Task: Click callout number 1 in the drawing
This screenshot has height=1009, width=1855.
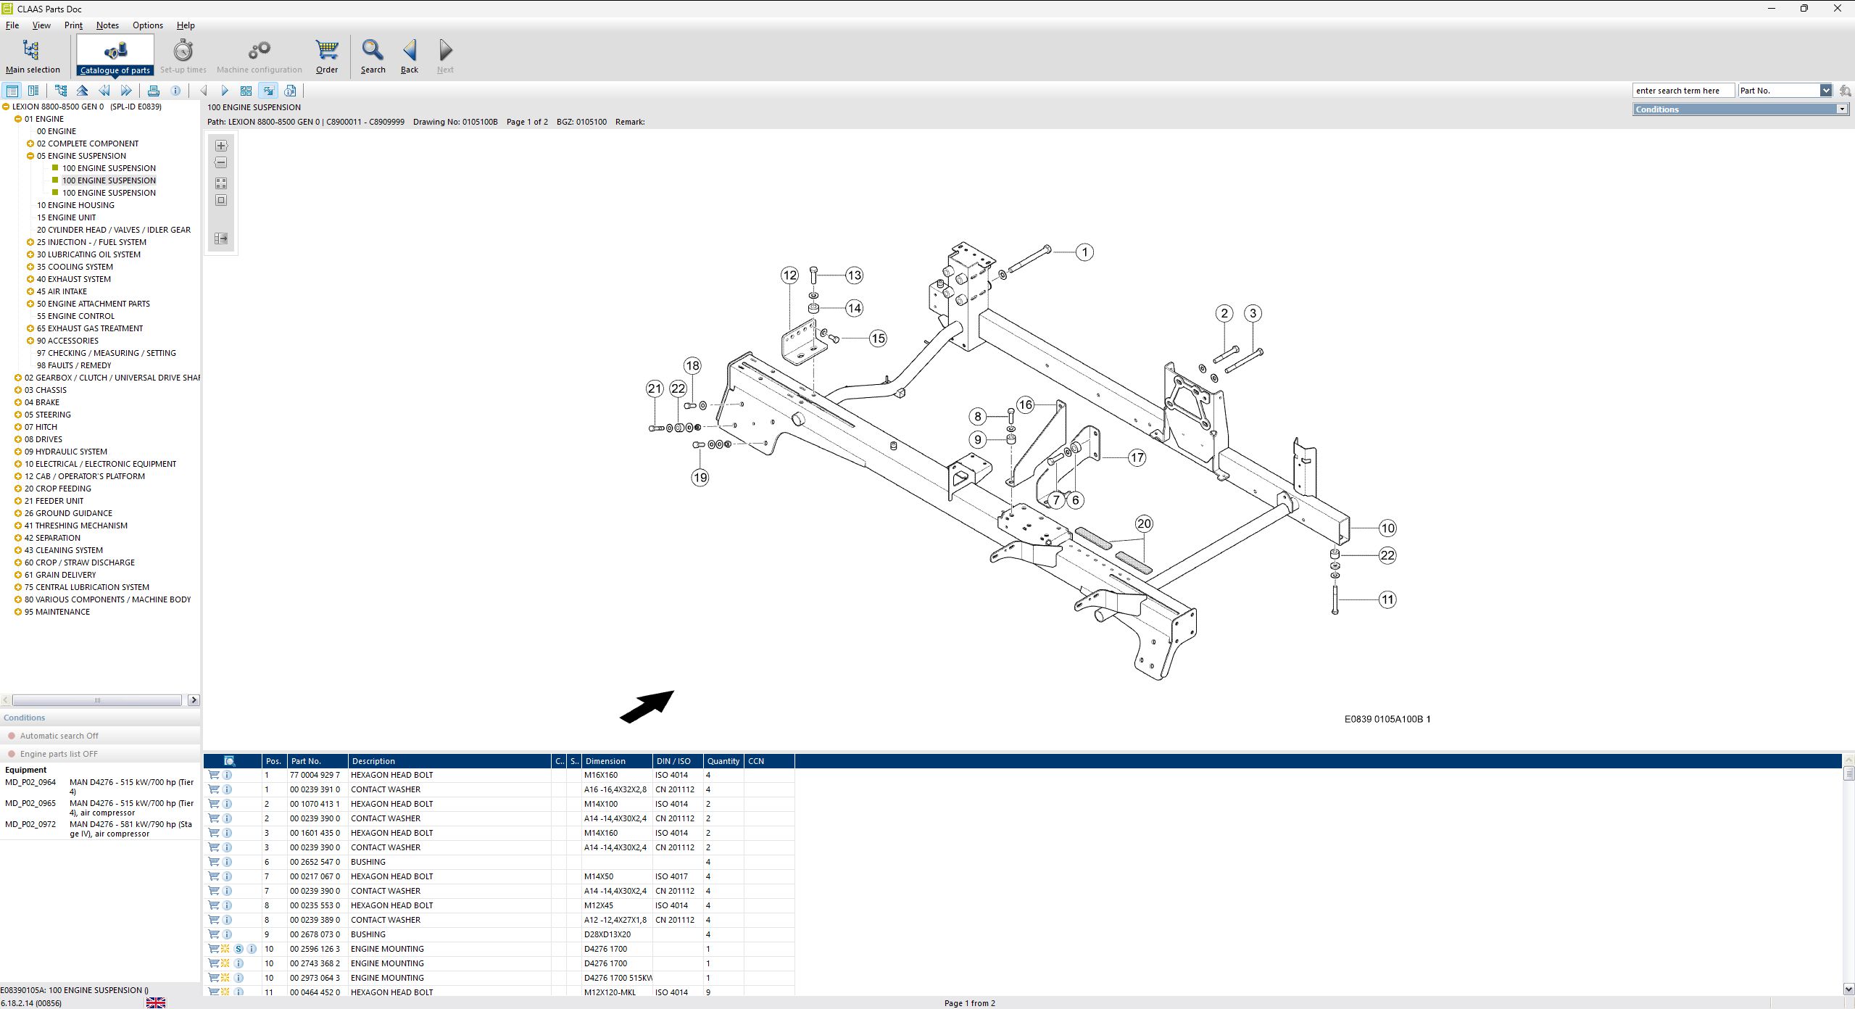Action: (x=1084, y=252)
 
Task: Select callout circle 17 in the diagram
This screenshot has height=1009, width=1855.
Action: (x=1137, y=457)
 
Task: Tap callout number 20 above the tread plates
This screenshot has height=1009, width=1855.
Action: (x=1144, y=523)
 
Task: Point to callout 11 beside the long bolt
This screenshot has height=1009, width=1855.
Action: (x=1387, y=599)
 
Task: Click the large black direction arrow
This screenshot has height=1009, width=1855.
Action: (x=647, y=707)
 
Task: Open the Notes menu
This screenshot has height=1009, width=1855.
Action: (x=107, y=25)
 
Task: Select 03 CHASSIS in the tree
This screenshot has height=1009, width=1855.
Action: (x=45, y=390)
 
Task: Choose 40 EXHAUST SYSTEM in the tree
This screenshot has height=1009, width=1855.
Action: (x=73, y=279)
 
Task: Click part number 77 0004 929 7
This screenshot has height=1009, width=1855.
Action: (x=315, y=775)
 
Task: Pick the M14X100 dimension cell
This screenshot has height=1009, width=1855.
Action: (x=601, y=804)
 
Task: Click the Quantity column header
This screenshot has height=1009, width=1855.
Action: (x=723, y=761)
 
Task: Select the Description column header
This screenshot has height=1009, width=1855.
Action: (x=373, y=761)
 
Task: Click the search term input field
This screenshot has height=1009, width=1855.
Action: (x=1682, y=91)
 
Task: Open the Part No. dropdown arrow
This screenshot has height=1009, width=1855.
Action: (x=1825, y=91)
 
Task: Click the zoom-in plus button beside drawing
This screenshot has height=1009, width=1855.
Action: (x=221, y=146)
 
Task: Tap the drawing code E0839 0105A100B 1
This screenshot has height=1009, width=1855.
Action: (x=1387, y=719)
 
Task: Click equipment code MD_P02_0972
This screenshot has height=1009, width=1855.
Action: (x=30, y=824)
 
